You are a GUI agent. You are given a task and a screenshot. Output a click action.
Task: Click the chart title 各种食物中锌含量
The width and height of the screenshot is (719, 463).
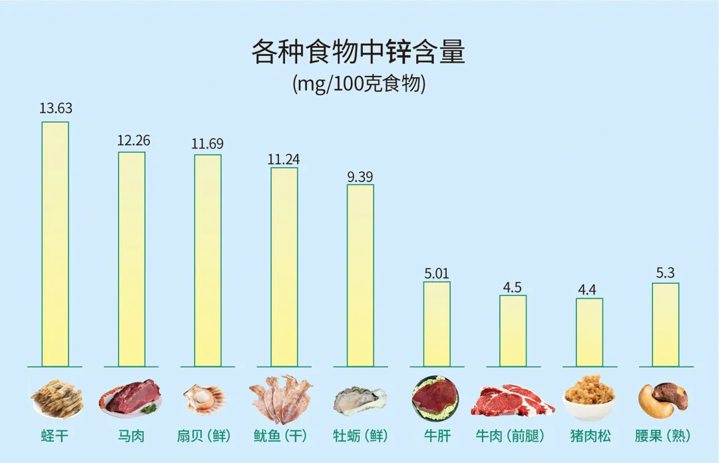tap(358, 52)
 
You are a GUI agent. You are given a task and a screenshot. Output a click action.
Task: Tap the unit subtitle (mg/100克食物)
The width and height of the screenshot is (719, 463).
tap(358, 85)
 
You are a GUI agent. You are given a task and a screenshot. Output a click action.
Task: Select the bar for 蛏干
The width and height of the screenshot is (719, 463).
tap(55, 244)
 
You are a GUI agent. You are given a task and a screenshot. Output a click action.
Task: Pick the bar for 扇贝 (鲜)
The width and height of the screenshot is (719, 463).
tap(208, 260)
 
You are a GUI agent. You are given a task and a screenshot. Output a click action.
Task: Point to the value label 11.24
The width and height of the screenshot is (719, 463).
tap(284, 159)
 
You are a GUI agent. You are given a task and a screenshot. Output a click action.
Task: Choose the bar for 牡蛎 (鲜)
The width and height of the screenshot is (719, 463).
tap(360, 275)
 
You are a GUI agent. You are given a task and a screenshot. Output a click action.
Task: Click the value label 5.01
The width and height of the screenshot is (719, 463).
tap(437, 272)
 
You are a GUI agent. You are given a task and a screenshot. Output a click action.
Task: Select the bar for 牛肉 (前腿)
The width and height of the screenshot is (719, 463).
tap(513, 330)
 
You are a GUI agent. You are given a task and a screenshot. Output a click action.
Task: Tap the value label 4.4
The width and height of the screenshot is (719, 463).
tap(589, 290)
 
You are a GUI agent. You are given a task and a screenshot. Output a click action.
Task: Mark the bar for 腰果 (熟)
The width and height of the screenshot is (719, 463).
tap(666, 324)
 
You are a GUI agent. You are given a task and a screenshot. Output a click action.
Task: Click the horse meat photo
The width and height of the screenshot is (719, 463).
tap(131, 398)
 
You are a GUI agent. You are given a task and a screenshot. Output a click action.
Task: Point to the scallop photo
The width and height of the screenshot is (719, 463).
tap(205, 398)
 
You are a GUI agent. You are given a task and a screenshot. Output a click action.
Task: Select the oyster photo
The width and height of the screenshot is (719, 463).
tap(359, 401)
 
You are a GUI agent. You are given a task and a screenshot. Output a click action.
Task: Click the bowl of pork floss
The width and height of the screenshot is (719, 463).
tap(589, 399)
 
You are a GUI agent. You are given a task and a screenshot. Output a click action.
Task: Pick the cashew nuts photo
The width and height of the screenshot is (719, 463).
tap(663, 399)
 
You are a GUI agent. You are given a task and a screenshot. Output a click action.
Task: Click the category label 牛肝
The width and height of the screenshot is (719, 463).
tap(437, 436)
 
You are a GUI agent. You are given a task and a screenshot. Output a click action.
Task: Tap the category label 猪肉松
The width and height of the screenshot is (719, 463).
tap(591, 436)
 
